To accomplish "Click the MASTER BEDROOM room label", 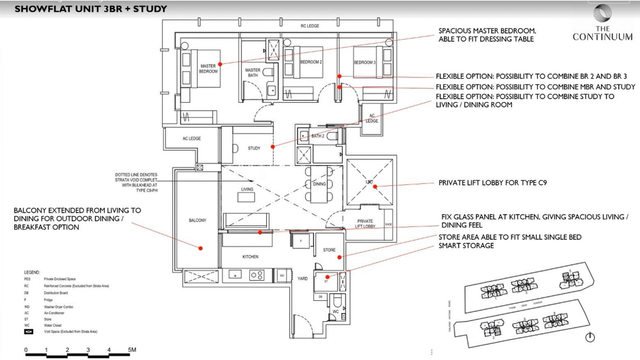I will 208,69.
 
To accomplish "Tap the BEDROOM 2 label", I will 311,62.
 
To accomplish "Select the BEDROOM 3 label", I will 364,62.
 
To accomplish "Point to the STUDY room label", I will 254,148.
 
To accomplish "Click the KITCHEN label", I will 250,257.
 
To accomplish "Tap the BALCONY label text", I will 197,220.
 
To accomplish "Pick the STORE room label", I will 329,250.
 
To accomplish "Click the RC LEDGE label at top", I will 310,26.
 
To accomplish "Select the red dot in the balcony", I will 200,248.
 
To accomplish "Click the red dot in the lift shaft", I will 375,187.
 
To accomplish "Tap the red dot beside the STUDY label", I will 273,147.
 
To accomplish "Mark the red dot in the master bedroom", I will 220,64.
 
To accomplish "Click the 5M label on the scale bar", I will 132,350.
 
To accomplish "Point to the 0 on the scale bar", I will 26,350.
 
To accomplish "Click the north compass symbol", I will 590,337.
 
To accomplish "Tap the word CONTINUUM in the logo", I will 602,37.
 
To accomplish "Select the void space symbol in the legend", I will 29,332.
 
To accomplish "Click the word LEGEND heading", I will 32,272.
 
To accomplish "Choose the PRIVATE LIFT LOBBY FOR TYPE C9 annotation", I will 492,183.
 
